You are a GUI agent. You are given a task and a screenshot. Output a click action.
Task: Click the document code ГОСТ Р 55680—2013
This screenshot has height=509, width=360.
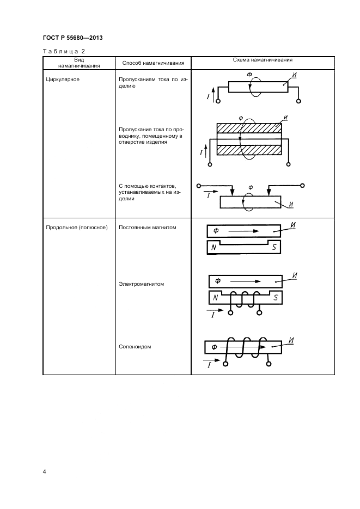tap(73, 38)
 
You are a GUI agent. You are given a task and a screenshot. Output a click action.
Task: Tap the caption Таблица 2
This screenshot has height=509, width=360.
tap(64, 51)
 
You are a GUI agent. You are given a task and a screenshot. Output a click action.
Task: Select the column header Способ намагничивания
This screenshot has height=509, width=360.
tap(153, 63)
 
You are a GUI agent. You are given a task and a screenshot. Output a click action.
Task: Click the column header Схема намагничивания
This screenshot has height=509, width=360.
tap(263, 60)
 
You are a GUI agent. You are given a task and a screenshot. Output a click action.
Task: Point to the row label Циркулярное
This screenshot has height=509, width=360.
tap(63, 79)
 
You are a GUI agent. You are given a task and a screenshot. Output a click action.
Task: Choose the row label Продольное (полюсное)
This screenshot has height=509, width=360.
tap(77, 228)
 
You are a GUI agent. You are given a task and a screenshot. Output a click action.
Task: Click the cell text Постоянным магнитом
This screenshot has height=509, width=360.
tap(148, 228)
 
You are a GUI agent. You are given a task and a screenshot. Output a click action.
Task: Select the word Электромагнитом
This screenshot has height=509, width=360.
tap(141, 284)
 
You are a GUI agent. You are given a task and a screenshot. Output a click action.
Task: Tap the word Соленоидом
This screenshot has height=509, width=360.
tap(135, 347)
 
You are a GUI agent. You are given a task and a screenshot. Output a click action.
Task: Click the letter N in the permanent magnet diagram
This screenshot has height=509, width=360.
tap(213, 247)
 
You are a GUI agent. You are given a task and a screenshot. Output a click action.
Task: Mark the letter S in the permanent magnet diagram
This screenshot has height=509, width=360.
tap(274, 247)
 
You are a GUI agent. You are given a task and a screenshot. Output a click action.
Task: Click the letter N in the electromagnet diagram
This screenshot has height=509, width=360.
tap(215, 297)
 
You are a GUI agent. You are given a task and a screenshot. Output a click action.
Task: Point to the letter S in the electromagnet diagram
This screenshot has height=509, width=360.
tap(276, 297)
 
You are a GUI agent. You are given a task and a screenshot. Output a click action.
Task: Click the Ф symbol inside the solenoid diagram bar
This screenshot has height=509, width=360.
tap(214, 347)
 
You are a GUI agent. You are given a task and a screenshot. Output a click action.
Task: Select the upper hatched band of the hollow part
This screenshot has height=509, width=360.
tap(249, 128)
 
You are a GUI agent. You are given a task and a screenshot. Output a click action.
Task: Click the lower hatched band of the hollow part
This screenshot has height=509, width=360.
tap(249, 151)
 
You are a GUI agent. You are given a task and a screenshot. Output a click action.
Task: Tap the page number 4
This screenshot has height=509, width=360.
tap(45, 471)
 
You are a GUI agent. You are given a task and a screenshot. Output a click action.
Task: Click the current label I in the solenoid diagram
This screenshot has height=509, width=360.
tap(209, 365)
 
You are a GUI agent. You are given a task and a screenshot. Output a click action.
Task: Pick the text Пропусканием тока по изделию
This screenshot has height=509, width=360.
tap(153, 83)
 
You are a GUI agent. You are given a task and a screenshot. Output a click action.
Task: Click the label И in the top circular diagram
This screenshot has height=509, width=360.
tap(294, 75)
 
